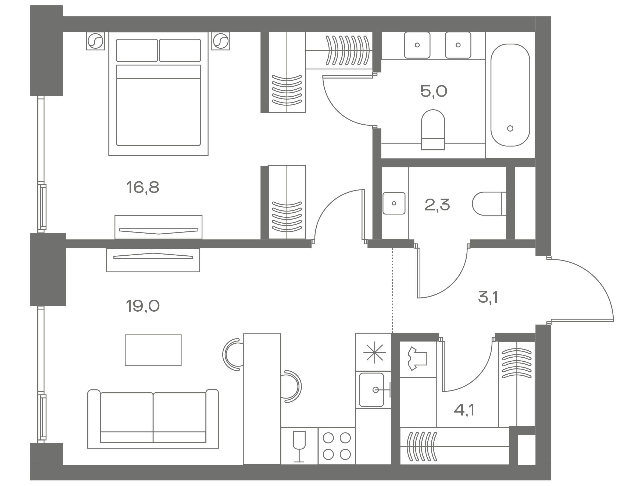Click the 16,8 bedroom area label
(143, 187)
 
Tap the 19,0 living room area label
(143, 306)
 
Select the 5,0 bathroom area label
(434, 91)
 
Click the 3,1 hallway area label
(488, 298)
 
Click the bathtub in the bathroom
(510, 95)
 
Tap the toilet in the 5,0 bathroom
(433, 130)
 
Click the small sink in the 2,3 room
(394, 203)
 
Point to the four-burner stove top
(337, 446)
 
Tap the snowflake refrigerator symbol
(375, 352)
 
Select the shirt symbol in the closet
(417, 359)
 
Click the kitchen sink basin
(371, 390)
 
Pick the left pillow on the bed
(137, 50)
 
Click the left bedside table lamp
(95, 41)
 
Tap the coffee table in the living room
(153, 350)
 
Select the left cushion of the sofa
(127, 417)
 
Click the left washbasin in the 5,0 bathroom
(417, 45)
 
